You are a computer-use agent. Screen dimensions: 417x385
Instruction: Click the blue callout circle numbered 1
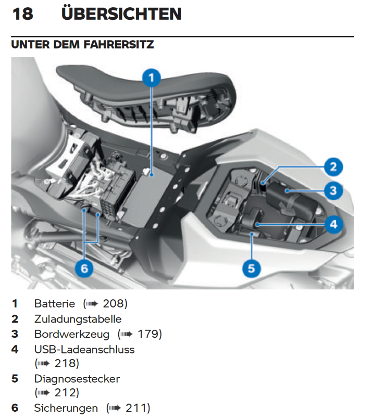point(151,79)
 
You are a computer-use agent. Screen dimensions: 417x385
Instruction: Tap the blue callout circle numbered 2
point(333,167)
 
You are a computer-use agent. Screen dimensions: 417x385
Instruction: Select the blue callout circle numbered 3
point(333,190)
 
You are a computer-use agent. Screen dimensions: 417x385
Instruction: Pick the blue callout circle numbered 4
point(333,225)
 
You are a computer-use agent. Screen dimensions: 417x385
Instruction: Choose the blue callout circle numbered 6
point(84,268)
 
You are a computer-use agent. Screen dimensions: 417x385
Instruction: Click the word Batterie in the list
point(55,303)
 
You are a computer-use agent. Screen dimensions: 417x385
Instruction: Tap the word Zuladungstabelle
point(78,318)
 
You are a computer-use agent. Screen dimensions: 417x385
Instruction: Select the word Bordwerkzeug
point(72,334)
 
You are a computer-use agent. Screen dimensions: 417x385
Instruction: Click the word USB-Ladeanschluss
point(84,349)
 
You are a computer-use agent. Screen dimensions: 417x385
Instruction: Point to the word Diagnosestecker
point(77,379)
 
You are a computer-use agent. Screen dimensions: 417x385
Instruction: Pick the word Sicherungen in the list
point(66,408)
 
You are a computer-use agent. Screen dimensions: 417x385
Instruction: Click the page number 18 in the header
point(22,14)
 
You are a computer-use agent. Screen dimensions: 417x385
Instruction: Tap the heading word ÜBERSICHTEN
point(121,14)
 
